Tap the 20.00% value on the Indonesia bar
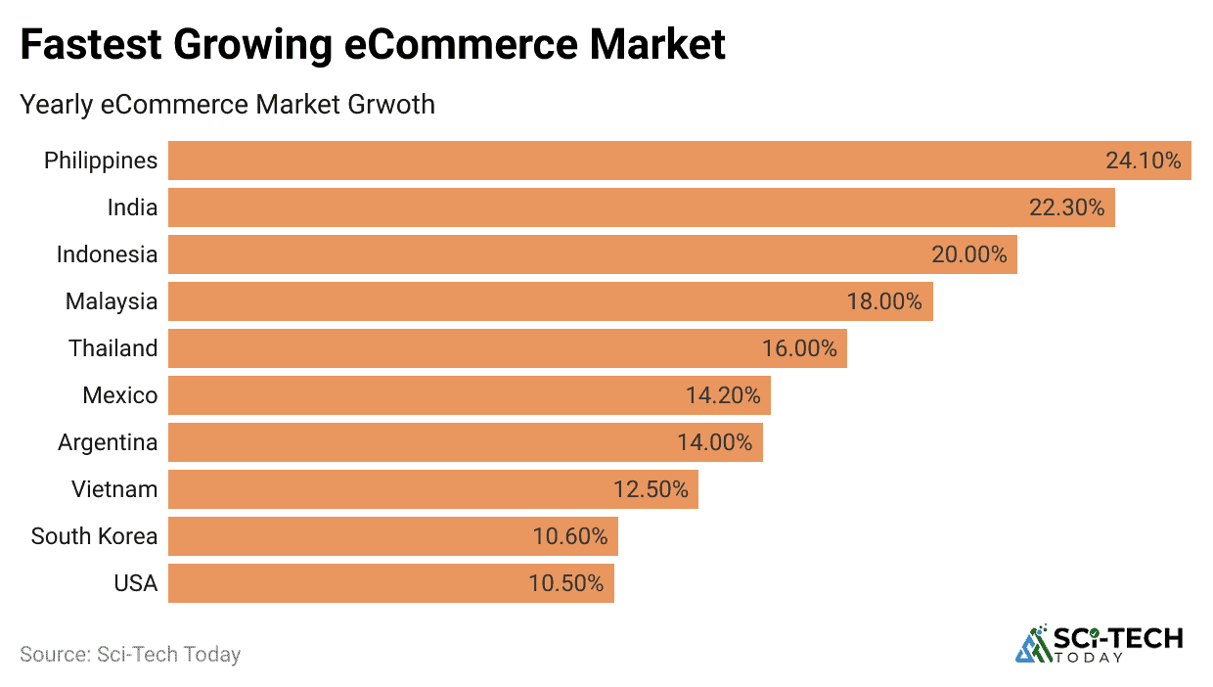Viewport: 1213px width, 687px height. [968, 254]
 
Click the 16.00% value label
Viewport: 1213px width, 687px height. [799, 348]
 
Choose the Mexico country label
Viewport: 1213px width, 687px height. [119, 395]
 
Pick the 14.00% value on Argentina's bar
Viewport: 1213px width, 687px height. [714, 442]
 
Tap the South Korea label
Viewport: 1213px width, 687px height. [94, 536]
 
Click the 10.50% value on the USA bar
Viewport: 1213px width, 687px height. [565, 583]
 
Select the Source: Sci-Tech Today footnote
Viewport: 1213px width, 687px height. [130, 654]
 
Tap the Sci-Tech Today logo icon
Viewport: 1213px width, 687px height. [1032, 643]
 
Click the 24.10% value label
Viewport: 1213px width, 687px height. [1143, 160]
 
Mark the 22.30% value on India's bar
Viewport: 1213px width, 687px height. [1066, 207]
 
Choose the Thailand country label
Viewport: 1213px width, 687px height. [112, 348]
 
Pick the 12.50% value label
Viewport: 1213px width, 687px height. [651, 489]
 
